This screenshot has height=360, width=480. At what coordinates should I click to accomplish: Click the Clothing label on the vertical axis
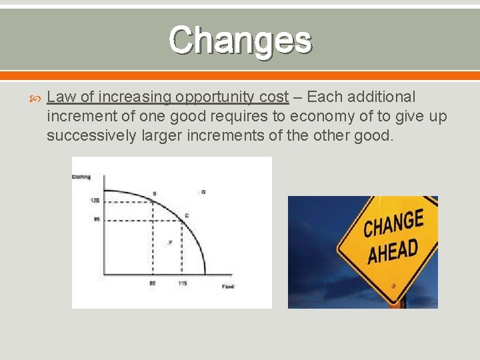pyautogui.click(x=81, y=177)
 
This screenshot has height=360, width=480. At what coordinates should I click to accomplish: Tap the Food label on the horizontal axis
pyautogui.click(x=228, y=286)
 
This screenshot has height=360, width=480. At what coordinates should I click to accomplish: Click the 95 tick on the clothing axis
pyautogui.click(x=95, y=219)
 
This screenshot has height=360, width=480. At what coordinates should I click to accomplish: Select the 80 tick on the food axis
pyautogui.click(x=153, y=283)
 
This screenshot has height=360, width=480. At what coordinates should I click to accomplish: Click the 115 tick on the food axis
pyautogui.click(x=181, y=283)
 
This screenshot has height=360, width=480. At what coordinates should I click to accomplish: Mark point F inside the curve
pyautogui.click(x=170, y=243)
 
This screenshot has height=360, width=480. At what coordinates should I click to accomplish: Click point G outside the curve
pyautogui.click(x=203, y=192)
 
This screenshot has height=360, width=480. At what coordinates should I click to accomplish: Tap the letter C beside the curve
pyautogui.click(x=187, y=215)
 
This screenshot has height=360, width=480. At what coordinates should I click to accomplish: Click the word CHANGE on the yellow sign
pyautogui.click(x=393, y=224)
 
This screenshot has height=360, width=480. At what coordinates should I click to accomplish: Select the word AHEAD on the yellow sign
pyautogui.click(x=393, y=252)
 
